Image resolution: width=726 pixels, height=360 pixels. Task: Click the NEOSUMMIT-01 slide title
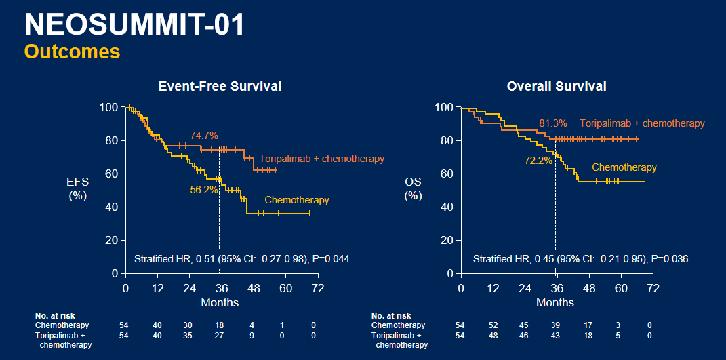[x=134, y=24]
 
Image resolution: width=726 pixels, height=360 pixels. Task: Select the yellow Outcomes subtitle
[x=72, y=52]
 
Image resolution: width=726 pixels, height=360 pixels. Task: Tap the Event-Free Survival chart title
[x=220, y=86]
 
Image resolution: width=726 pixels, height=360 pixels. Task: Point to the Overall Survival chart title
[x=556, y=86]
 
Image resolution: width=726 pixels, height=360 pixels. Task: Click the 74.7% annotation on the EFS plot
[x=204, y=136]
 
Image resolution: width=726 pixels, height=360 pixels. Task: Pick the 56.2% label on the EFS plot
[x=204, y=190]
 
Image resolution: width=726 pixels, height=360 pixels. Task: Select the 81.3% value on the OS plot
[x=553, y=123]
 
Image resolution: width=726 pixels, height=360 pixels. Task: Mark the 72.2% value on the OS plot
[x=538, y=161]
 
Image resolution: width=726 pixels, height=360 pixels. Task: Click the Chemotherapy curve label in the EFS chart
[x=296, y=200]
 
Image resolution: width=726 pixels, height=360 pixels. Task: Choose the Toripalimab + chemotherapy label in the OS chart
[x=642, y=123]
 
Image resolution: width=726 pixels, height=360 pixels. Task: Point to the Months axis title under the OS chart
[x=555, y=302]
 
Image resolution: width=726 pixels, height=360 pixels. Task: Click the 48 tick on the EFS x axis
[x=252, y=288]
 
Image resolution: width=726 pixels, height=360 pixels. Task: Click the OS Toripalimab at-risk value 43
[x=557, y=336]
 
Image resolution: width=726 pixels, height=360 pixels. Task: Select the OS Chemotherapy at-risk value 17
[x=589, y=325]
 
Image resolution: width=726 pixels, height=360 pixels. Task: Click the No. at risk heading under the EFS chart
[x=55, y=316]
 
